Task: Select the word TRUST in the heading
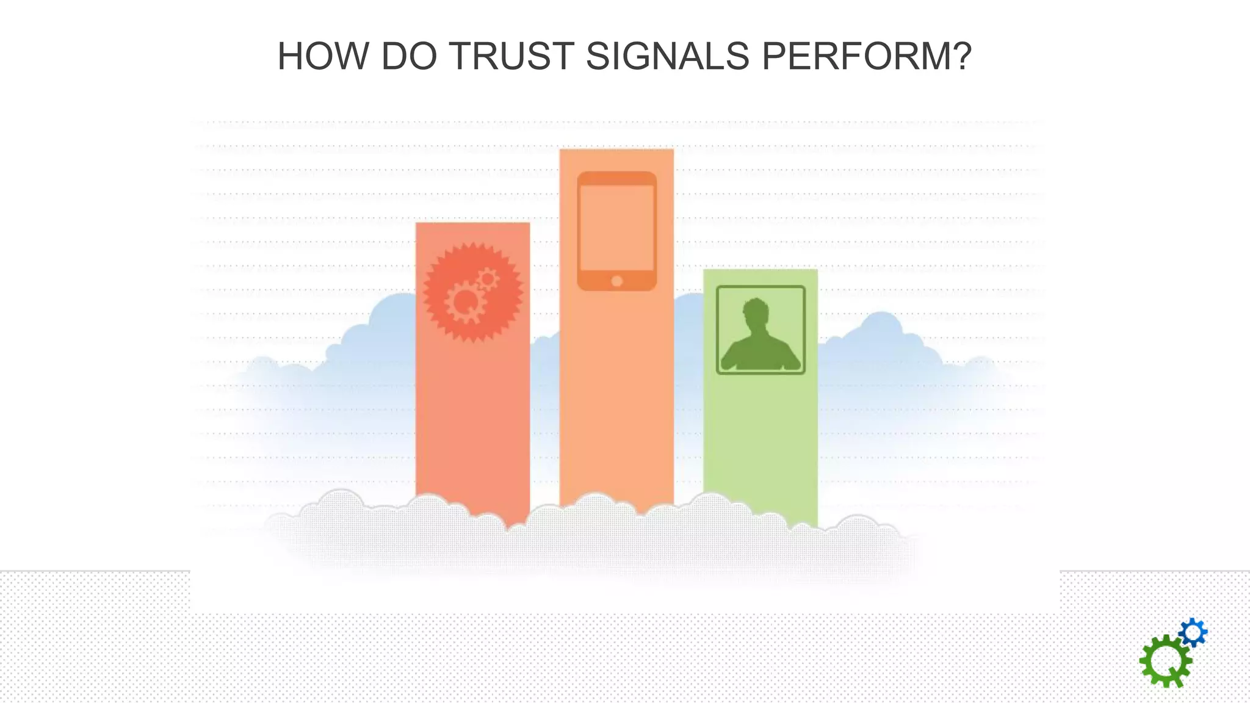click(511, 56)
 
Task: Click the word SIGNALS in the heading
click(667, 56)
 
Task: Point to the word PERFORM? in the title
click(867, 56)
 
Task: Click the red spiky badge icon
click(472, 292)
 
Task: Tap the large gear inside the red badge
click(465, 301)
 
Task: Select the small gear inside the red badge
click(488, 279)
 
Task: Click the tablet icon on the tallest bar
click(616, 231)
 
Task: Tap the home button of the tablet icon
click(616, 281)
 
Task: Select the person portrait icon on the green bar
click(760, 330)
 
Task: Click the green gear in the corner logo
click(1165, 662)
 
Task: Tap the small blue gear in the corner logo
click(1193, 633)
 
